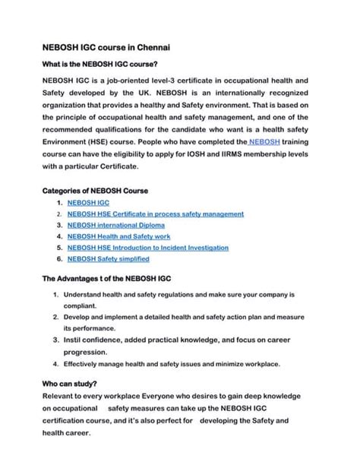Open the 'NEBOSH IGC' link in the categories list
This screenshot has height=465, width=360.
coord(87,204)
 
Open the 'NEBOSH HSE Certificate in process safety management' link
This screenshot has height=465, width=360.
coord(155,214)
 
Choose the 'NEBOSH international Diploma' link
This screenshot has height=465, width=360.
coord(115,226)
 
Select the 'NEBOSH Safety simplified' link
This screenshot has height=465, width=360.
coord(108,258)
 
